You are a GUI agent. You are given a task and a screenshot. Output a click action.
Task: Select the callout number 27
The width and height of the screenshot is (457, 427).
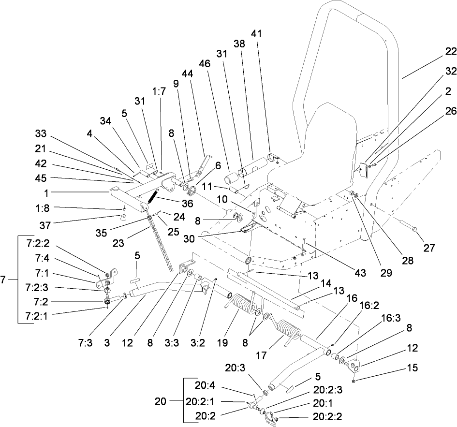coord(429,248)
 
